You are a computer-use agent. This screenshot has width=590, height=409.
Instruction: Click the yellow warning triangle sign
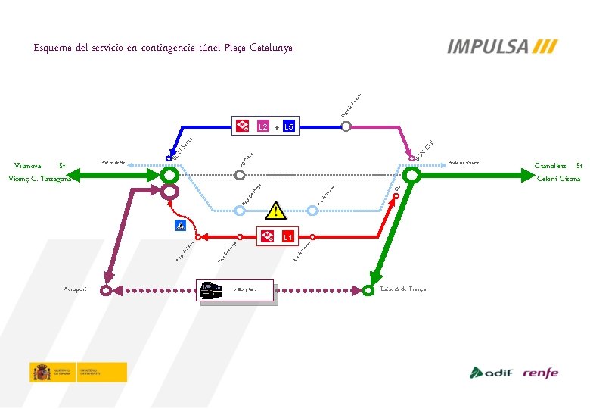(x=277, y=208)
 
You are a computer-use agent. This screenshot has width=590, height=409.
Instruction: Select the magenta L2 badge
(x=262, y=126)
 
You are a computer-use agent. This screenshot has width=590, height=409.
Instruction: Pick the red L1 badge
(x=287, y=237)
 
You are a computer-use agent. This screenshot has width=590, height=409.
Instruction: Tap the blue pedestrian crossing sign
(x=180, y=226)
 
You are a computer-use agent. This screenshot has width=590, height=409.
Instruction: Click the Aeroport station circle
(x=108, y=289)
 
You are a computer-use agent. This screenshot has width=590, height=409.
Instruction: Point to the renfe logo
(x=540, y=372)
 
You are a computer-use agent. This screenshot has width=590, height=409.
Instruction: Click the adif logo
(x=492, y=372)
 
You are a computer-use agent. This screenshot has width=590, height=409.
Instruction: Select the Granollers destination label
(x=552, y=166)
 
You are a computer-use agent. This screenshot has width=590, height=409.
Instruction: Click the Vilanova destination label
(x=31, y=165)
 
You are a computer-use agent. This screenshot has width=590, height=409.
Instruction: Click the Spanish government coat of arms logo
(x=41, y=372)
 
